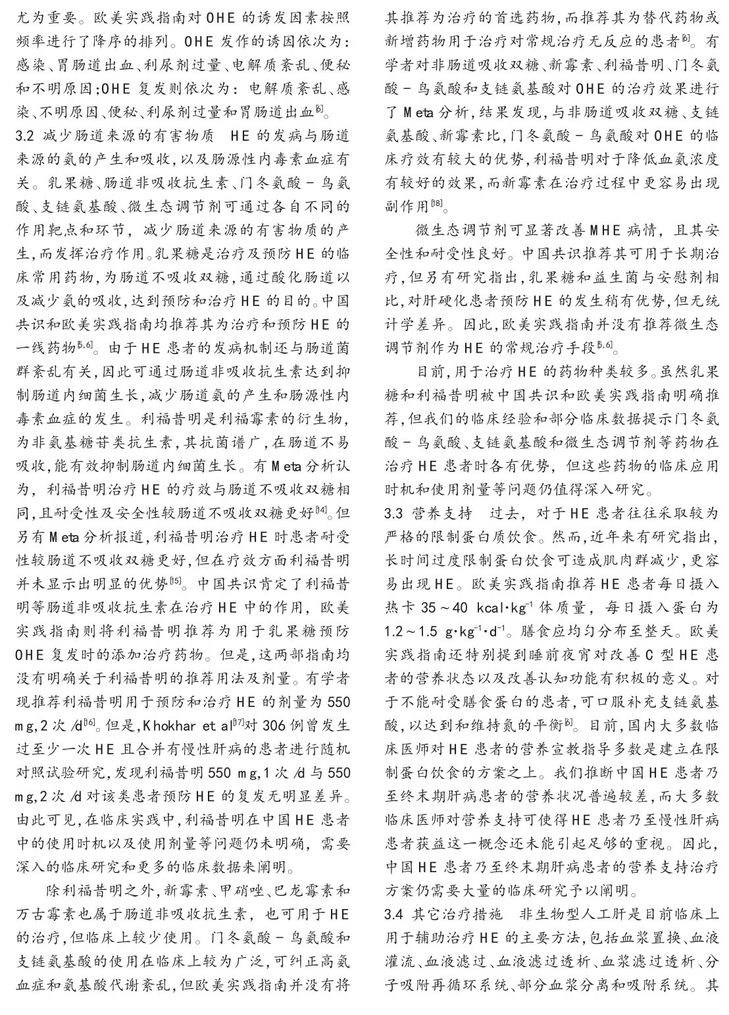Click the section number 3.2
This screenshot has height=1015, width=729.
(x=28, y=137)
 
